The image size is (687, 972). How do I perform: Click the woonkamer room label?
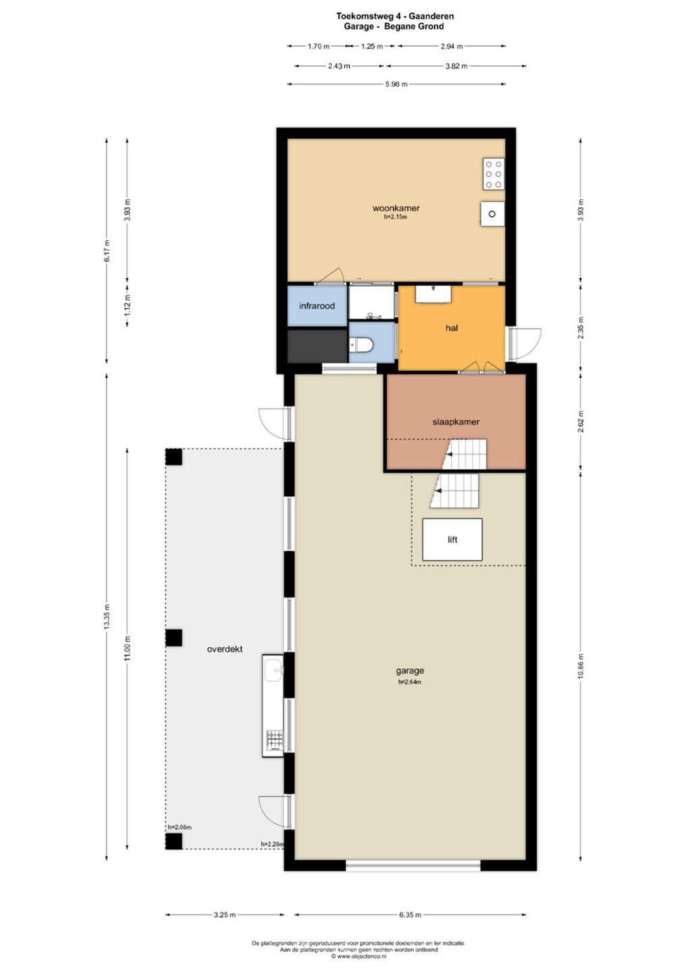pyautogui.click(x=395, y=208)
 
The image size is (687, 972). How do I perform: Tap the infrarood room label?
pyautogui.click(x=317, y=306)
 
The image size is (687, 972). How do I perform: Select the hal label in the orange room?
pyautogui.click(x=451, y=327)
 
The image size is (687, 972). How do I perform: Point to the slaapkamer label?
pyautogui.click(x=456, y=421)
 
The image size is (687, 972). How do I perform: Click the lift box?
pyautogui.click(x=452, y=539)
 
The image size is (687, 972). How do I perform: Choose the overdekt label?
pyautogui.click(x=225, y=649)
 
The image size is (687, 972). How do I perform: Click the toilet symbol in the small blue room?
pyautogui.click(x=362, y=346)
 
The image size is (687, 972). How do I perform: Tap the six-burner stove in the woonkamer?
pyautogui.click(x=493, y=174)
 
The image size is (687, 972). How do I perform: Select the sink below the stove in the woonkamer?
pyautogui.click(x=492, y=213)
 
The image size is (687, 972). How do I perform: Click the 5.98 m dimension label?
pyautogui.click(x=396, y=84)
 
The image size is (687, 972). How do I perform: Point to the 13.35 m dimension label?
pyautogui.click(x=107, y=616)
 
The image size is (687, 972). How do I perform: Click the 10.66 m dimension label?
pyautogui.click(x=581, y=666)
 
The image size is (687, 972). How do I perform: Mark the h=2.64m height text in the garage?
pyautogui.click(x=410, y=682)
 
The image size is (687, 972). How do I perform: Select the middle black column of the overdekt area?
pyautogui.click(x=174, y=638)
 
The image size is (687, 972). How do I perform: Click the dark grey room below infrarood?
pyautogui.click(x=317, y=346)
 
